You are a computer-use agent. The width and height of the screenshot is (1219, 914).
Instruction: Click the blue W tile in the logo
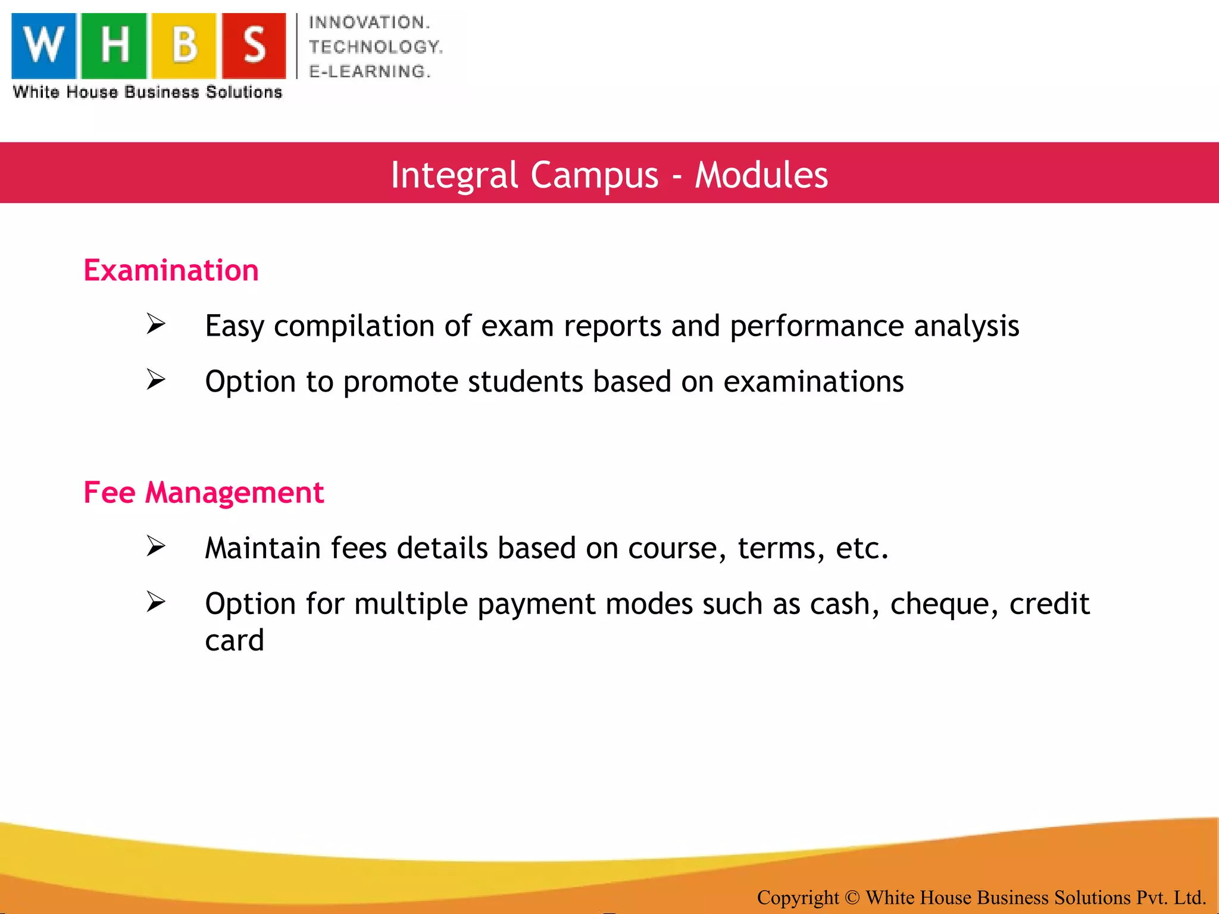[44, 46]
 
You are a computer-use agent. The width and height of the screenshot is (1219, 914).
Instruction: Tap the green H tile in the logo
[114, 46]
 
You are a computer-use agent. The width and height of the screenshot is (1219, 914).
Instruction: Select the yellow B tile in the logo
[184, 46]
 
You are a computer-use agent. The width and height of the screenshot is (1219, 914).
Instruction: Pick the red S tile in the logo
[254, 46]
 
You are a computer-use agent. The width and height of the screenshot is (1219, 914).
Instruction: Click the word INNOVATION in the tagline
[369, 23]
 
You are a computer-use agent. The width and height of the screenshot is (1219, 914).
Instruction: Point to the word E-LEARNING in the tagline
[369, 71]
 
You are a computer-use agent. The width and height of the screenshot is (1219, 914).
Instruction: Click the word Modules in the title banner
[761, 175]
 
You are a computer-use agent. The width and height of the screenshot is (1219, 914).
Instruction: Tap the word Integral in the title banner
[454, 175]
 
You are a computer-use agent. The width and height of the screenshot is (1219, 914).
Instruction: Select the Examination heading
[171, 271]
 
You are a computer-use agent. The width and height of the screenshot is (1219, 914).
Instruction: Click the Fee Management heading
[204, 493]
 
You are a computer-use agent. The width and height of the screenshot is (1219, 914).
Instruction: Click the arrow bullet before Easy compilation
[156, 324]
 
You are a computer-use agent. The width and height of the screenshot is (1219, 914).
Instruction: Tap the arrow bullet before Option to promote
[156, 380]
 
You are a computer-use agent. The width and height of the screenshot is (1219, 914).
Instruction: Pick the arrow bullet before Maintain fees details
[156, 546]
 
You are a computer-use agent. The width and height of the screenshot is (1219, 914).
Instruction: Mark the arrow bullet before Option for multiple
[156, 602]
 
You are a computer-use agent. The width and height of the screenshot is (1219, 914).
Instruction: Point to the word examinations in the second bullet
[813, 382]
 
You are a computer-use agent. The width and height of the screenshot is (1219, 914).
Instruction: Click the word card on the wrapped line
[235, 641]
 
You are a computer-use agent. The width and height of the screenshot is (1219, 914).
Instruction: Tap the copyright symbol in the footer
[852, 897]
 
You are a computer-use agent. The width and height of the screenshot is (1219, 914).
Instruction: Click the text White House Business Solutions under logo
[148, 92]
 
